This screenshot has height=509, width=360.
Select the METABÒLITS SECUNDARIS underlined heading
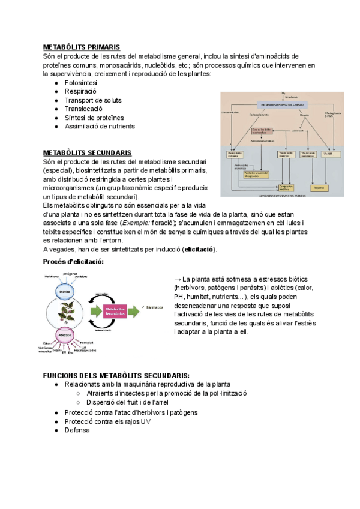pos(87,153)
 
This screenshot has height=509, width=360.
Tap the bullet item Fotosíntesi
pos(80,83)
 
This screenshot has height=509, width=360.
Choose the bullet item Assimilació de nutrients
pos(100,127)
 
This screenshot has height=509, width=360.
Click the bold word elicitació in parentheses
pos(200,250)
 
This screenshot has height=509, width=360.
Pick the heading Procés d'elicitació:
pos(74,262)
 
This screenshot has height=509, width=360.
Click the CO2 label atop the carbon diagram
pos(283,94)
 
